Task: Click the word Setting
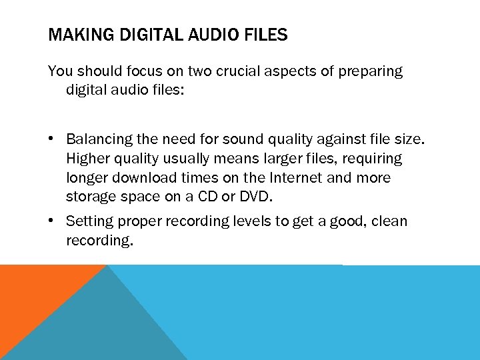[89, 221]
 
